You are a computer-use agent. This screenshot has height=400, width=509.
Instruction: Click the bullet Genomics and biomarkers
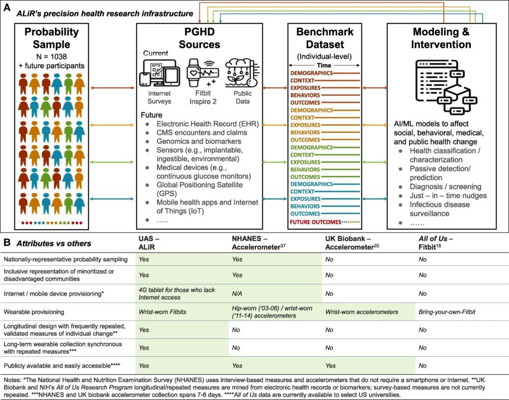(x=197, y=142)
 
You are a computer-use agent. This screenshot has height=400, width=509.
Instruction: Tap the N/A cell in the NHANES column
(x=238, y=293)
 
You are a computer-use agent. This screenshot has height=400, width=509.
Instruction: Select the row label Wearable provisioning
(x=34, y=313)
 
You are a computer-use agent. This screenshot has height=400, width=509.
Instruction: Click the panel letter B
(x=6, y=243)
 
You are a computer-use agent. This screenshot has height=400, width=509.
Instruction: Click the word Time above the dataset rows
(x=325, y=65)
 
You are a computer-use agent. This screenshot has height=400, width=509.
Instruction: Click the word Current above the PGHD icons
(x=156, y=53)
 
